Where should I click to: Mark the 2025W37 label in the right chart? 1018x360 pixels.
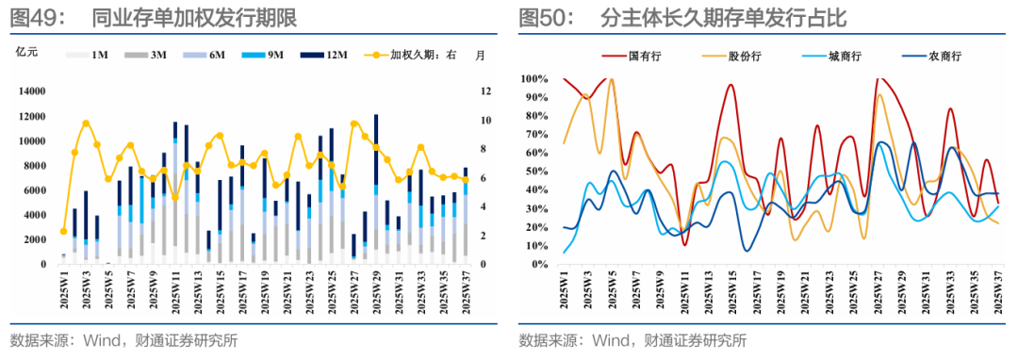point(998,293)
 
